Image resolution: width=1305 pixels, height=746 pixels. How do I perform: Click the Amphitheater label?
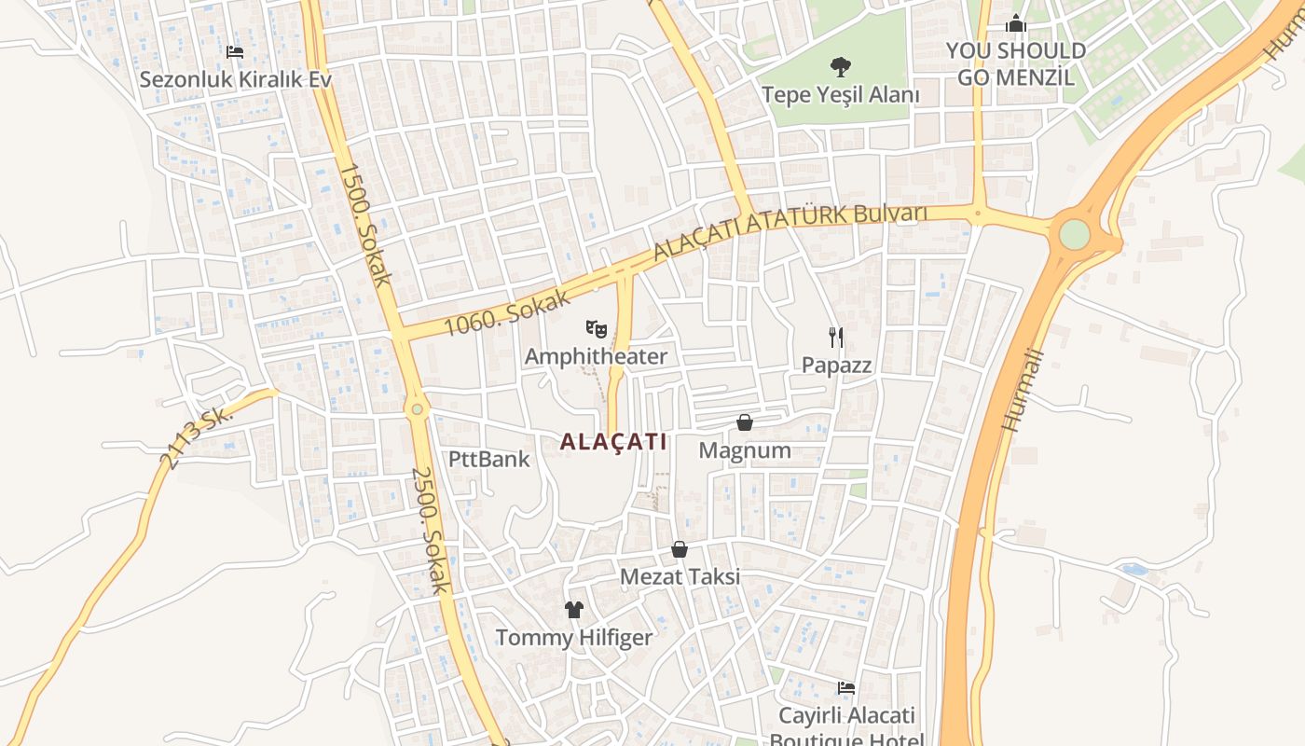pyautogui.click(x=596, y=356)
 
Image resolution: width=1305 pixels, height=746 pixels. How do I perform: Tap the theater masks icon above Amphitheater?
pyautogui.click(x=596, y=328)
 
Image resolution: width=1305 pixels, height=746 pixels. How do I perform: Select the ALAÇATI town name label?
pyautogui.click(x=613, y=442)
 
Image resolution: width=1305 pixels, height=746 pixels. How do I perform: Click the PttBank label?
pyautogui.click(x=488, y=459)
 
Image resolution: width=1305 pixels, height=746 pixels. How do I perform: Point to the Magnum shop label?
pyautogui.click(x=745, y=450)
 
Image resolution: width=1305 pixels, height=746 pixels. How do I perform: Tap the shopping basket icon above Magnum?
pyautogui.click(x=745, y=422)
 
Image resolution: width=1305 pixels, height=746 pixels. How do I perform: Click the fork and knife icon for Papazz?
pyautogui.click(x=836, y=337)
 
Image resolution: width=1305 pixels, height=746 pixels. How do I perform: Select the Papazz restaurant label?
pyautogui.click(x=836, y=365)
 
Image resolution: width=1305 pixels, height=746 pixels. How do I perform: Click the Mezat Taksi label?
pyautogui.click(x=680, y=576)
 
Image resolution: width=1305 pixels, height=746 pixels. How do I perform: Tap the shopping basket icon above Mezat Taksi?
pyautogui.click(x=680, y=549)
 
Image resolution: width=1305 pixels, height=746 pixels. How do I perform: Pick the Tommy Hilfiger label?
pyautogui.click(x=573, y=638)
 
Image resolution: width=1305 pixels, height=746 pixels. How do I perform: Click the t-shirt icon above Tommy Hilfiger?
pyautogui.click(x=573, y=610)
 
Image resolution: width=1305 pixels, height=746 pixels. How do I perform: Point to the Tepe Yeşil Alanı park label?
pyautogui.click(x=840, y=95)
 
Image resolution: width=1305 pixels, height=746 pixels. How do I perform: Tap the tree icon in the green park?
pyautogui.click(x=840, y=67)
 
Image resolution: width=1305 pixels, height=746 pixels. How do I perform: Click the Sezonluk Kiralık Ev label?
pyautogui.click(x=235, y=79)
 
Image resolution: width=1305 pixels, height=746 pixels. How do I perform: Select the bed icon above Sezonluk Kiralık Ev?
pyautogui.click(x=235, y=51)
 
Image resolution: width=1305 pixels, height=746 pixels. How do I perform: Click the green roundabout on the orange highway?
pyautogui.click(x=1074, y=233)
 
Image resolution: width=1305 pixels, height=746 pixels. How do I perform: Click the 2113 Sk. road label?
pyautogui.click(x=196, y=437)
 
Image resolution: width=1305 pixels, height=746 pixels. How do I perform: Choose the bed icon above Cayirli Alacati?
pyautogui.click(x=845, y=688)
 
